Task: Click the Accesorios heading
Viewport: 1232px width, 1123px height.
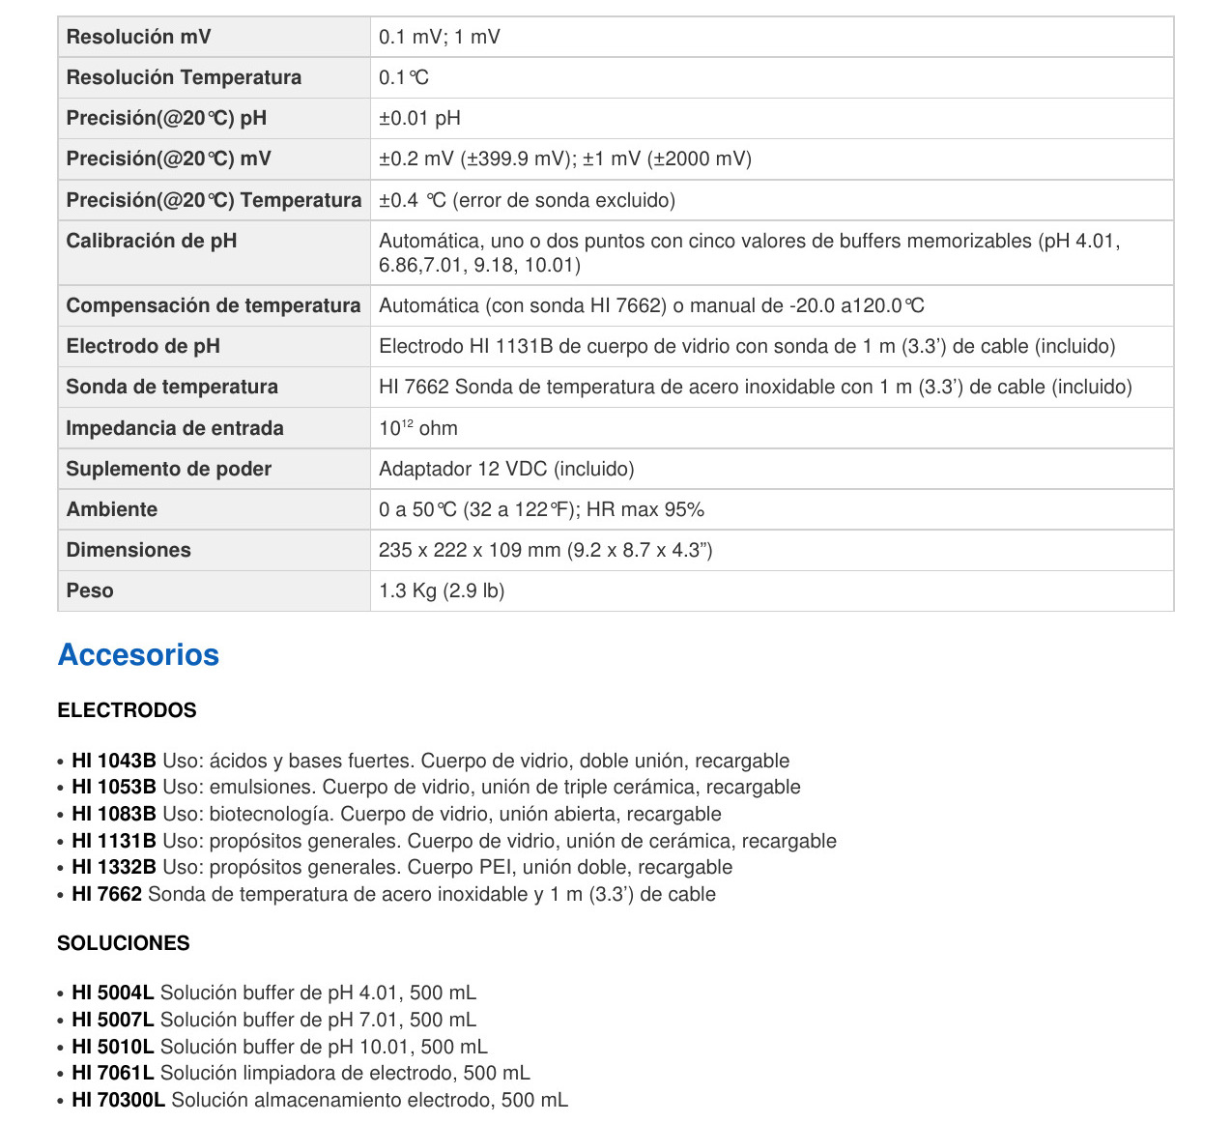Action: [x=138, y=655]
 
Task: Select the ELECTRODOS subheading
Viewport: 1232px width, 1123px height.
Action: [x=127, y=710]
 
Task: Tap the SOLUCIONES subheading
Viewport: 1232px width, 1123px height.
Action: [x=124, y=943]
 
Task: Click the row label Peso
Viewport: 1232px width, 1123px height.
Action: [x=90, y=590]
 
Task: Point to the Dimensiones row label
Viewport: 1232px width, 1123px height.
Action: [x=129, y=550]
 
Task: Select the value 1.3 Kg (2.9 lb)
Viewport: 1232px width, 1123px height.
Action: [x=442, y=590]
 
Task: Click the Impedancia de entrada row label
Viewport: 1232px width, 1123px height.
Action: [x=175, y=428]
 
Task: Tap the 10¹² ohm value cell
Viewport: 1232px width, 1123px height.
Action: [x=418, y=428]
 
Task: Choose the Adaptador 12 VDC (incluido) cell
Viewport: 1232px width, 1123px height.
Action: [x=506, y=469]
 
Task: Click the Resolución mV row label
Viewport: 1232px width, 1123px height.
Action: [x=138, y=37]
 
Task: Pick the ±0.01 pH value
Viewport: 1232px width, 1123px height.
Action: [x=419, y=118]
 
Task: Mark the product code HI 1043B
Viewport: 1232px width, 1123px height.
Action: [x=114, y=761]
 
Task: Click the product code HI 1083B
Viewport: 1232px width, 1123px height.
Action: [x=114, y=814]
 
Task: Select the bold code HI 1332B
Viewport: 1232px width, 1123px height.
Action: [x=114, y=867]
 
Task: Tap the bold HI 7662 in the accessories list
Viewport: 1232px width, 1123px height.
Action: [x=107, y=894]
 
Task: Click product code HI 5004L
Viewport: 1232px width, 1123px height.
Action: [x=113, y=993]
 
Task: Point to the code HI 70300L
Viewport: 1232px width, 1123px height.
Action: [x=119, y=1100]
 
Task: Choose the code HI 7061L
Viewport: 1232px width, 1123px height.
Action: [x=113, y=1073]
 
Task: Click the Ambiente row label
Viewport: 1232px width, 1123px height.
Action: [x=112, y=509]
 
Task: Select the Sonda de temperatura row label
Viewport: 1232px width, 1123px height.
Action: [x=172, y=387]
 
